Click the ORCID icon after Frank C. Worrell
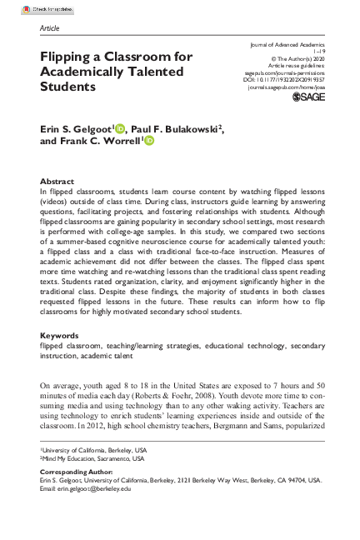[x=149, y=142]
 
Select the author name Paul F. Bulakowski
[x=173, y=129]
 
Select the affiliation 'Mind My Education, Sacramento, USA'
[x=93, y=457]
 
